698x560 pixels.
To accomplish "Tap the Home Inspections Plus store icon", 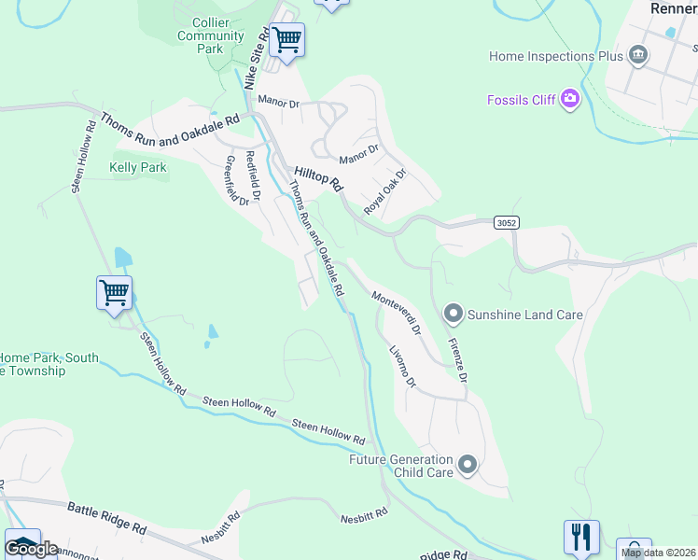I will tap(638, 56).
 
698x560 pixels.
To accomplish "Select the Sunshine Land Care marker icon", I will tap(454, 314).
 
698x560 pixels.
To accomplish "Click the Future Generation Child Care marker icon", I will tap(468, 464).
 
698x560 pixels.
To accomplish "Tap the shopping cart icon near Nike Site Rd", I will tap(286, 41).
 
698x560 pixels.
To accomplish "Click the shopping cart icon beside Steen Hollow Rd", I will tap(114, 292).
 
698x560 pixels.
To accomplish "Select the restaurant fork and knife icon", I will tap(580, 537).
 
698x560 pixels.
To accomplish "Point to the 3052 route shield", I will tap(506, 223).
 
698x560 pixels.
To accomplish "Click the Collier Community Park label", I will tap(211, 35).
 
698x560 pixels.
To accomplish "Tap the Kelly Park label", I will tap(137, 168).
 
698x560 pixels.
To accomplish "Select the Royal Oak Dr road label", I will tap(385, 192).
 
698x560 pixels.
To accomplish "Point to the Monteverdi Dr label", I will tap(397, 313).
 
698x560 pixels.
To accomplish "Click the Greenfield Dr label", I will tap(237, 179).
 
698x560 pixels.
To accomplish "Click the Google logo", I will tap(31, 548).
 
